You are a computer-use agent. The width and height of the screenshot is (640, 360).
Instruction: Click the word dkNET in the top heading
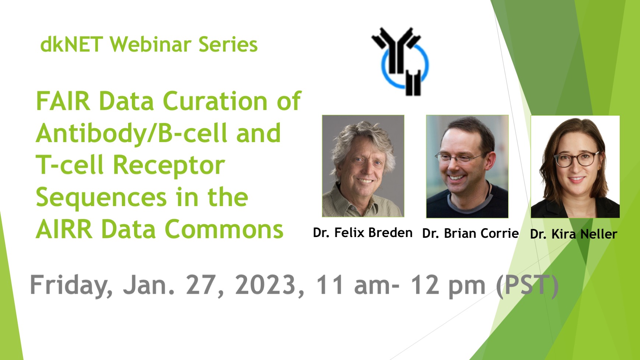(71, 45)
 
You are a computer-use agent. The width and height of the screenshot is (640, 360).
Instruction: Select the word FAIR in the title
(63, 101)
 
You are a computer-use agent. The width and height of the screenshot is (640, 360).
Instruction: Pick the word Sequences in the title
(102, 198)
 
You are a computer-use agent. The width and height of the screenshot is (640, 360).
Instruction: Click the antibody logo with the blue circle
(400, 61)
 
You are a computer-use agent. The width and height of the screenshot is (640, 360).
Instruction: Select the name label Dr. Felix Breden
(363, 233)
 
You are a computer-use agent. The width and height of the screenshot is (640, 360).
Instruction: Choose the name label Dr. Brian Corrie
(471, 233)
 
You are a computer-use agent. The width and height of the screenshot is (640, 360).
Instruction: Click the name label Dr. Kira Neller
(574, 234)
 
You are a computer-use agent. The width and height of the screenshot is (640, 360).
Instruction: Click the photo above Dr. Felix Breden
(363, 166)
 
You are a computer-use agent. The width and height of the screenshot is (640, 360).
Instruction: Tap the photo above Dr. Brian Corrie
(467, 166)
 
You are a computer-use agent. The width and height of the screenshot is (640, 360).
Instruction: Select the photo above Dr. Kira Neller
(575, 166)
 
